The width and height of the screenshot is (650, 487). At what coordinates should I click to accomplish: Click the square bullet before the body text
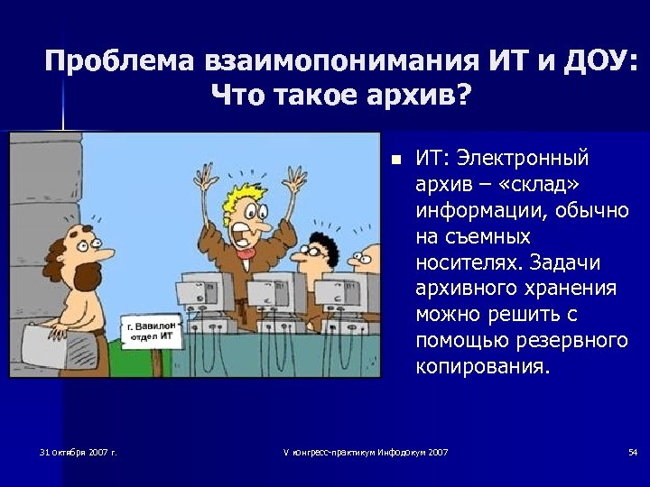click(395, 160)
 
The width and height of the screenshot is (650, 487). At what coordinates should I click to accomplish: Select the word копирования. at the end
click(481, 368)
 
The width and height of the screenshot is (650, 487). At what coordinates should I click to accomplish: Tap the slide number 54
click(632, 451)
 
